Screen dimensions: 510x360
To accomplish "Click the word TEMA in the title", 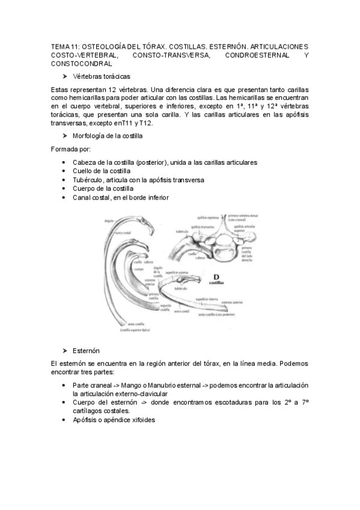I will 60,46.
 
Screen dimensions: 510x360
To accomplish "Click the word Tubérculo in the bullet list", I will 87,180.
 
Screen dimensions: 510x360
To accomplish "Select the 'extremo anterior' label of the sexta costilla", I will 231,302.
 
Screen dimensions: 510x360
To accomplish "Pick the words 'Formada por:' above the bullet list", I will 71,149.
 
